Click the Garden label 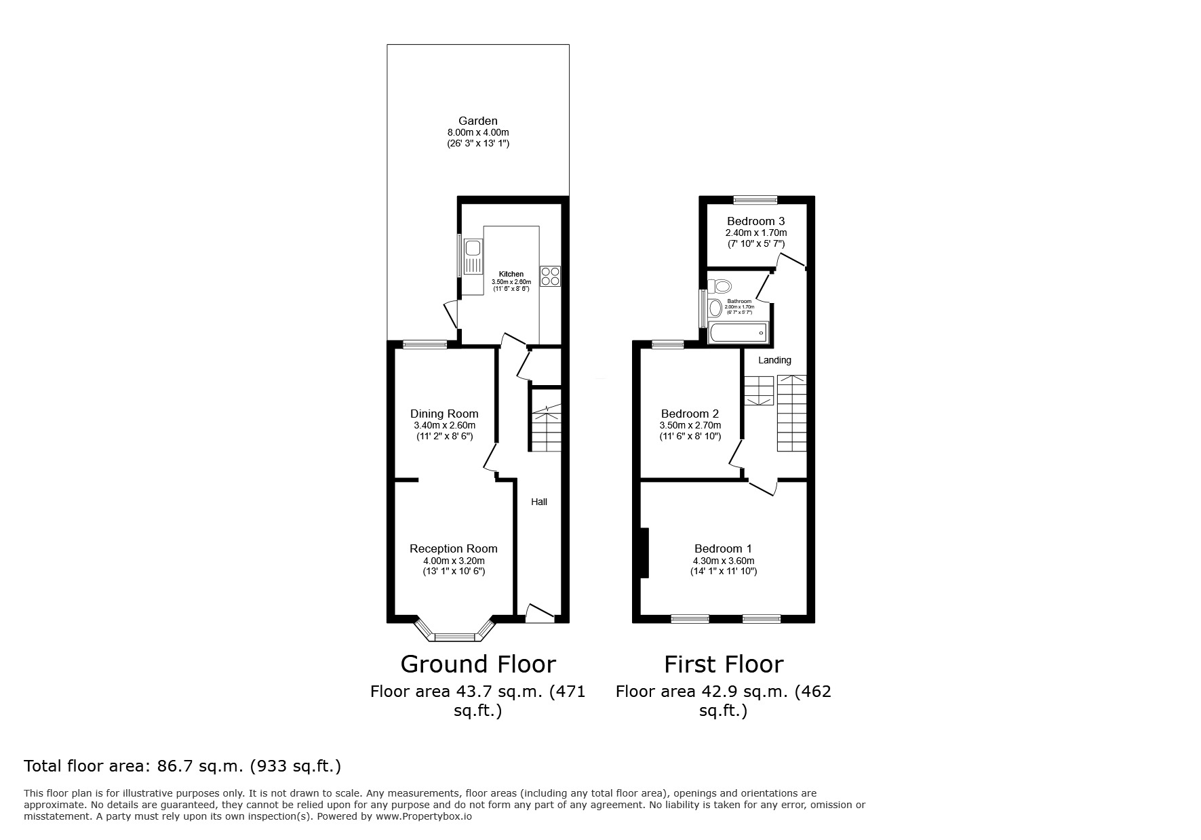click(477, 121)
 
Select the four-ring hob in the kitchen click(550, 276)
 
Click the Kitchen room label click(511, 274)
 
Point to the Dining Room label click(444, 414)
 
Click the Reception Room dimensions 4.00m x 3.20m click(454, 561)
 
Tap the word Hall click(539, 502)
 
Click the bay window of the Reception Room click(454, 635)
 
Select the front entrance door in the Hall click(540, 614)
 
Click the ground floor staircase click(546, 427)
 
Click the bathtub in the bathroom click(737, 334)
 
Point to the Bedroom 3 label click(755, 221)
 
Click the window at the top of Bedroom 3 click(755, 199)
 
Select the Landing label click(774, 360)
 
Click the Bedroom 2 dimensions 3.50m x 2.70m click(690, 425)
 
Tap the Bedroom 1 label click(723, 548)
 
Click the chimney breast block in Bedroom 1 click(644, 553)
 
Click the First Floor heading click(724, 664)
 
